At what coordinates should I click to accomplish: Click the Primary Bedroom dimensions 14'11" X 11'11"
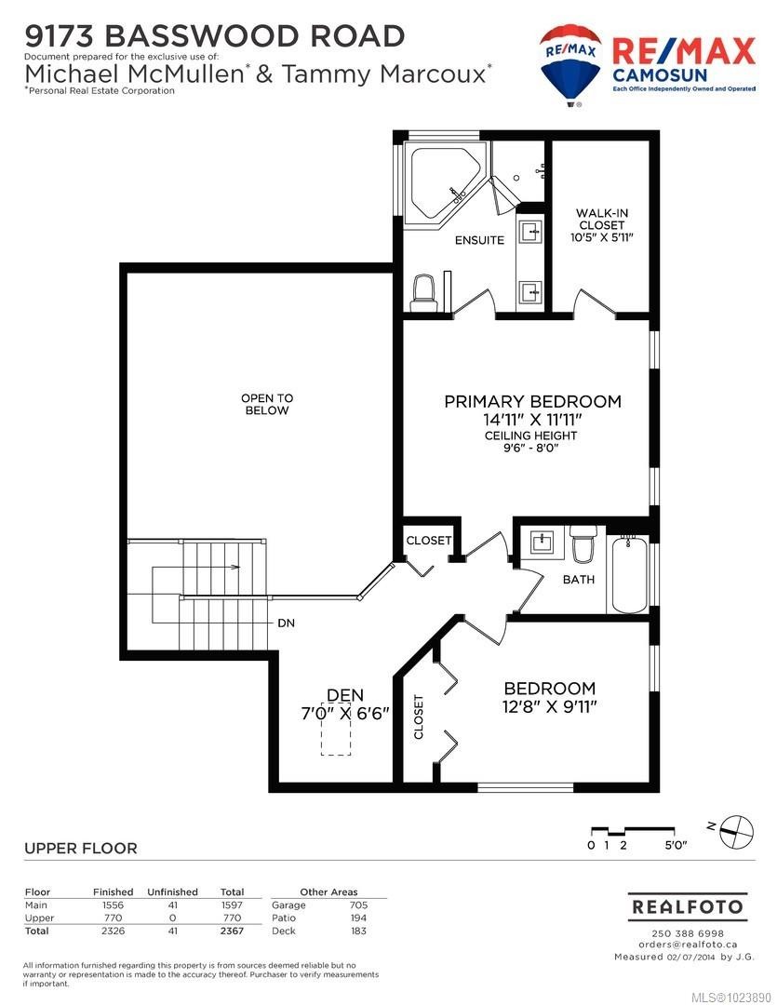532,420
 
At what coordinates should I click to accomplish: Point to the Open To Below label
267,404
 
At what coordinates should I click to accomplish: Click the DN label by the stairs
286,623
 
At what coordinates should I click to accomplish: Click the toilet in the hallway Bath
583,545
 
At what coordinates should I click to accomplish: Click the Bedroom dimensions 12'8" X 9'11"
549,706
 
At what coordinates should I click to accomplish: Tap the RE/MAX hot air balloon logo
570,63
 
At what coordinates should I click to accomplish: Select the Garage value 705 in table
357,904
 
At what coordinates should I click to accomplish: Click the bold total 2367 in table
232,931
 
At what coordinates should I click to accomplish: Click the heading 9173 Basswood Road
215,35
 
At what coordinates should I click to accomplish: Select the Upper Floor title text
80,848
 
